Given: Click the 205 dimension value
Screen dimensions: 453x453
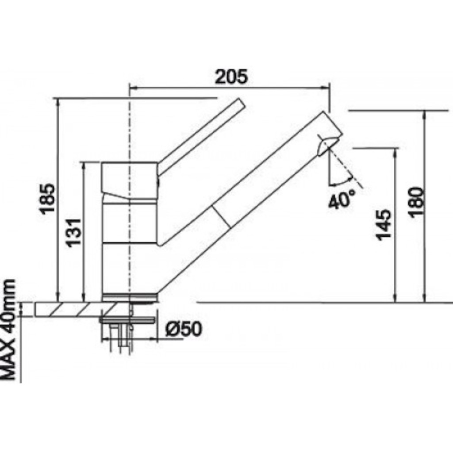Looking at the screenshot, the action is click(232, 77).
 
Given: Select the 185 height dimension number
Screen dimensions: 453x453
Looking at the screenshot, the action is click(47, 199).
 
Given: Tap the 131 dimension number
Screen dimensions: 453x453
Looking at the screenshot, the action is click(74, 232).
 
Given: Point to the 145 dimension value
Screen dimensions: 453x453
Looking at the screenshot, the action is click(384, 225).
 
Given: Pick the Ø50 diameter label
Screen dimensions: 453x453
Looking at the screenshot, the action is click(184, 329).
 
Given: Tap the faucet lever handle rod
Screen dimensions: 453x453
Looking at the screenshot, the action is click(201, 137).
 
